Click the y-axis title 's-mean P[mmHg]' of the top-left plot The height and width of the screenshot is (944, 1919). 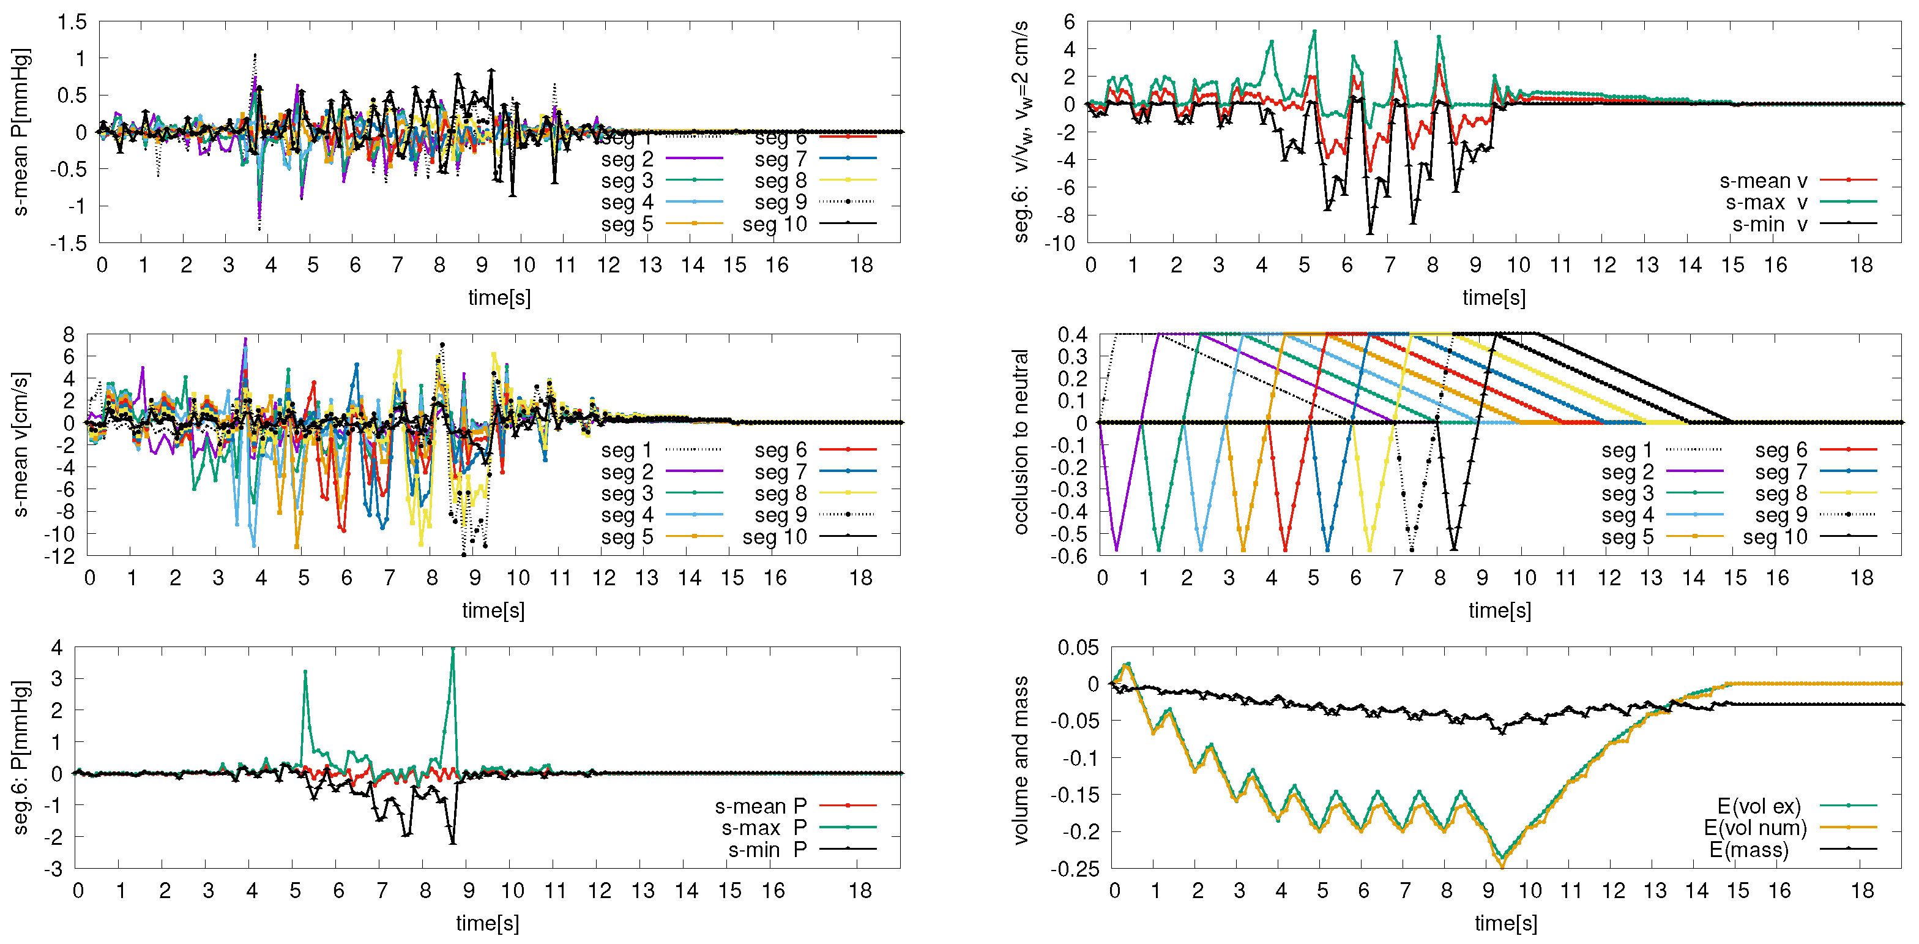(x=21, y=133)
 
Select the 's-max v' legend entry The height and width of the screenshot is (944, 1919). (x=1765, y=203)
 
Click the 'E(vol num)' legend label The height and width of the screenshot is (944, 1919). (x=1755, y=828)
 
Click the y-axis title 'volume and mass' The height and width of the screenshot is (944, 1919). (x=1021, y=760)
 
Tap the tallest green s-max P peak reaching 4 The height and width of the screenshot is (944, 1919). (x=452, y=649)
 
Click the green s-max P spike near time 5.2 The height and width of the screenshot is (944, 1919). (x=305, y=672)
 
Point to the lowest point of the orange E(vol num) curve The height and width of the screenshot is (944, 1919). (x=1502, y=866)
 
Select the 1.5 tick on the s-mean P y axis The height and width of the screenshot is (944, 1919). (x=72, y=23)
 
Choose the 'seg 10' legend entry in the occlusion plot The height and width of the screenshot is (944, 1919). (x=1775, y=537)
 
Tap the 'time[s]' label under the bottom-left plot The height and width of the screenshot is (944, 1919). (x=487, y=923)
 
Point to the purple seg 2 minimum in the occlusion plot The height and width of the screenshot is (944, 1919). (x=1116, y=550)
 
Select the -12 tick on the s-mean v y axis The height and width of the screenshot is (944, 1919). (x=59, y=556)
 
